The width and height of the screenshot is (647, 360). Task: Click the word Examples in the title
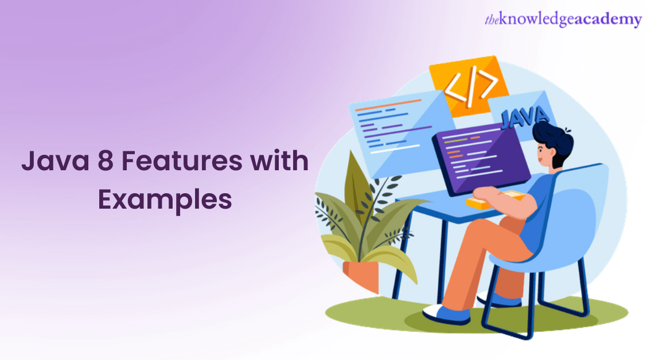pyautogui.click(x=165, y=199)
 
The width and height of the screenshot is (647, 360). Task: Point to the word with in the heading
pyautogui.click(x=281, y=162)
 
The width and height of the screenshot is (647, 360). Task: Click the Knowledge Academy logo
pyautogui.click(x=562, y=20)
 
